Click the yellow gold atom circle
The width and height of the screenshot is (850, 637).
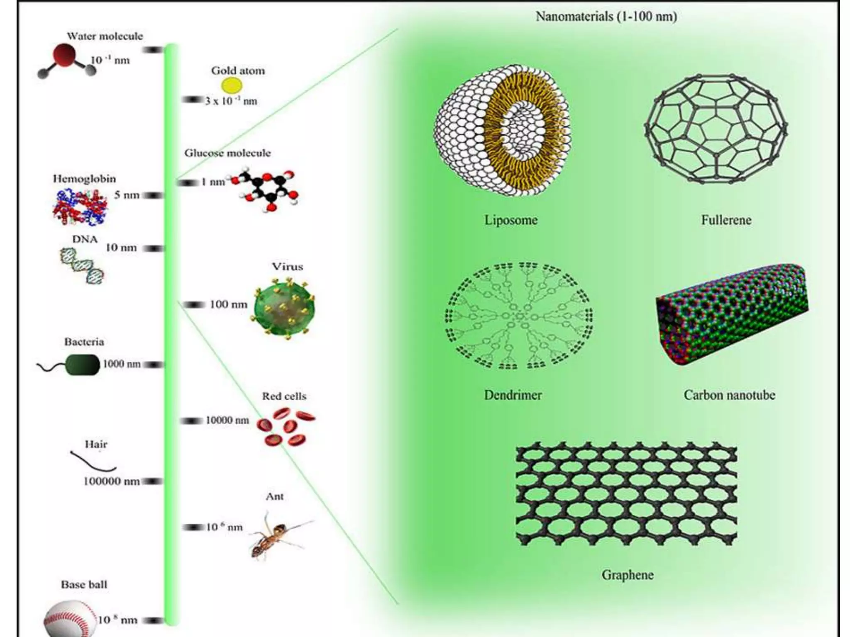coord(231,85)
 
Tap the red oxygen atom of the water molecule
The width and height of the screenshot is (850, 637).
coord(64,56)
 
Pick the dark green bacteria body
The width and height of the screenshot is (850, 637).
coord(83,365)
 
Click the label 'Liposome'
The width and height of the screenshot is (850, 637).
coord(511,220)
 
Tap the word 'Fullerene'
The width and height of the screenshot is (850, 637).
coord(726,220)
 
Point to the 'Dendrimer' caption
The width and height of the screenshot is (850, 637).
coord(513,395)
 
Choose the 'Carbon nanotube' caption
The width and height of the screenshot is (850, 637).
coord(729,395)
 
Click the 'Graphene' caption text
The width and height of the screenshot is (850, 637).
coord(627,575)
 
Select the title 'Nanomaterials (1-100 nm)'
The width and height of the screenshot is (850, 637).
coord(606,17)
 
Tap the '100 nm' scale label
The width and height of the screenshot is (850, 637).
coord(228,304)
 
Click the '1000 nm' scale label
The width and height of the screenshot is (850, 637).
coord(122,364)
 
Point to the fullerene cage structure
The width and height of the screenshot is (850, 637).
coord(716,129)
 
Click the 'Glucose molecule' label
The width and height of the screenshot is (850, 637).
coord(227,153)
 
